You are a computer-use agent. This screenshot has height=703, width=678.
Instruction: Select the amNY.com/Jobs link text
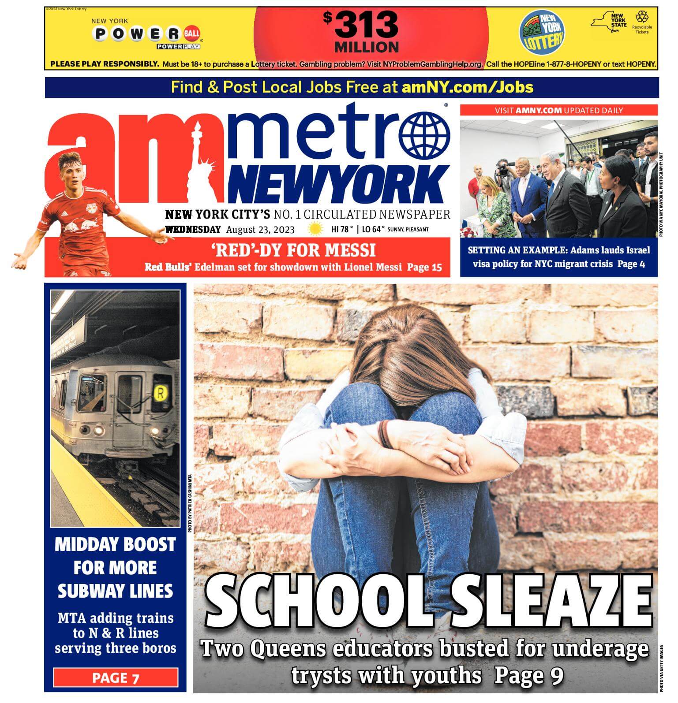[x=468, y=87]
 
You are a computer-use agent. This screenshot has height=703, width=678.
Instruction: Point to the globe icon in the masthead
[x=425, y=136]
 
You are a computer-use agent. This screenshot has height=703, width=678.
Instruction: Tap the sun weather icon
[x=315, y=230]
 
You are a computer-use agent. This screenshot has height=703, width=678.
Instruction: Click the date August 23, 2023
[x=260, y=230]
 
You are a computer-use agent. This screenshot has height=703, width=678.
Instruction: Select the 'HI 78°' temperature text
[x=342, y=230]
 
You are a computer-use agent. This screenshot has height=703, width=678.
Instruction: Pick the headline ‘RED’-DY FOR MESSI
[x=293, y=250]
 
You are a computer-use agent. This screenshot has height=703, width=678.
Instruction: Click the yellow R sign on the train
[x=160, y=394]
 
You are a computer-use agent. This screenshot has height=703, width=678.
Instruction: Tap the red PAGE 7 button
[x=116, y=677]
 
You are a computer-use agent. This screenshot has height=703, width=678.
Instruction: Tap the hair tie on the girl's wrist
[x=384, y=434]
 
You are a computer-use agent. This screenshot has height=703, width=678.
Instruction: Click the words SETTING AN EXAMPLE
[x=517, y=250]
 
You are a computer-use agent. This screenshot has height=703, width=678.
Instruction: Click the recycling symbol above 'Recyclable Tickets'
[x=642, y=18]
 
